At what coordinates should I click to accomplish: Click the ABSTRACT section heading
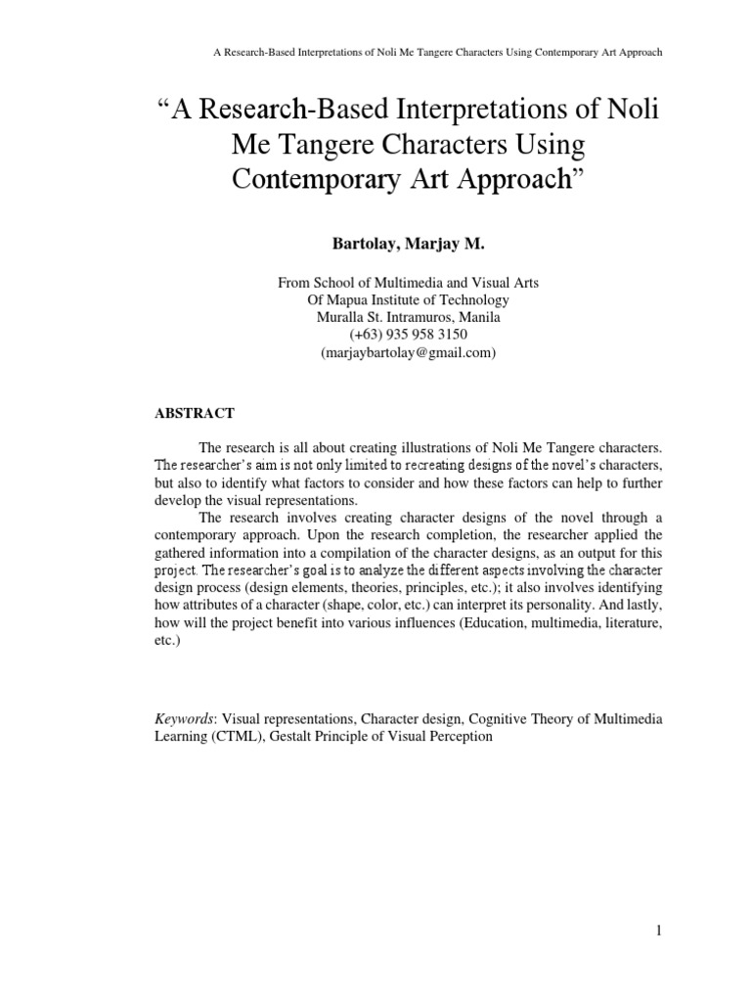tap(195, 414)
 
